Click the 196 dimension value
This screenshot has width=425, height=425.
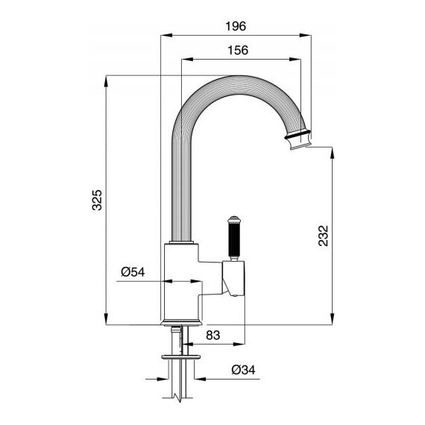[x=236, y=26]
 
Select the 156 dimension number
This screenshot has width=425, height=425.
[x=238, y=50]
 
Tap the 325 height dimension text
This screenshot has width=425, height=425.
[x=97, y=200]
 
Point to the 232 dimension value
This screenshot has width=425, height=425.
[x=323, y=236]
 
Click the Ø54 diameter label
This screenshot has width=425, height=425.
[x=133, y=272]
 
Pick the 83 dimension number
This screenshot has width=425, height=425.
[x=212, y=336]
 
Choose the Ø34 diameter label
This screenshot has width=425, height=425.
[x=243, y=370]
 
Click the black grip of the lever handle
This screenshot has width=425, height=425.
[x=233, y=239]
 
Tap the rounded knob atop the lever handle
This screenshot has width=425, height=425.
[x=233, y=219]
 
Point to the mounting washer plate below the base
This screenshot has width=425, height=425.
[x=180, y=356]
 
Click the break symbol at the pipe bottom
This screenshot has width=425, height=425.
[x=177, y=397]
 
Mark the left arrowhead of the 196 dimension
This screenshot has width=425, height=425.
[x=166, y=35]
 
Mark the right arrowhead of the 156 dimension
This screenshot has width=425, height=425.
[x=295, y=60]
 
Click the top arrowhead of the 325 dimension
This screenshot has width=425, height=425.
[x=106, y=81]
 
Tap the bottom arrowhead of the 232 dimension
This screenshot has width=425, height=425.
[x=333, y=319]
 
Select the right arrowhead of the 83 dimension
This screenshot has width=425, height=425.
[x=239, y=344]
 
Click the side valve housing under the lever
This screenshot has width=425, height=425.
[x=233, y=278]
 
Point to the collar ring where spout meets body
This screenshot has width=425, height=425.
[x=182, y=242]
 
